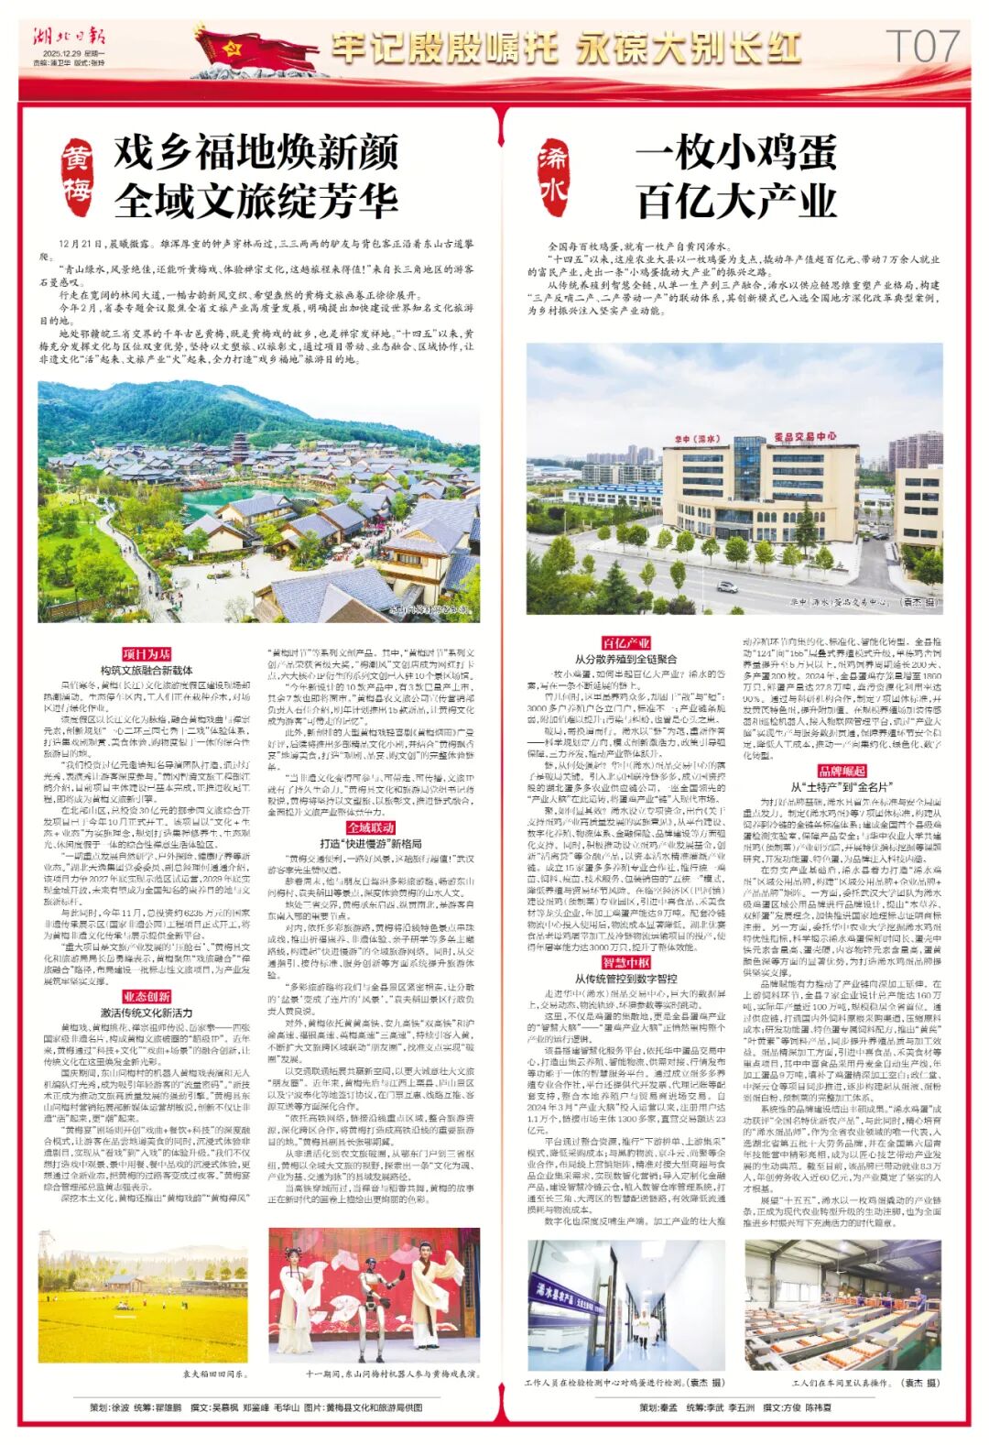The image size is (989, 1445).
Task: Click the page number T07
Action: (x=924, y=45)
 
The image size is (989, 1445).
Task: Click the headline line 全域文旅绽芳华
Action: (x=256, y=199)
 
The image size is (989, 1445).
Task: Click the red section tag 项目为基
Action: (x=147, y=654)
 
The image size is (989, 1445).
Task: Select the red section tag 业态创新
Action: (x=147, y=997)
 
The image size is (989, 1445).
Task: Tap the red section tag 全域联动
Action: (x=371, y=828)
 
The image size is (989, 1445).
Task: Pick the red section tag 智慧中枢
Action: (x=625, y=963)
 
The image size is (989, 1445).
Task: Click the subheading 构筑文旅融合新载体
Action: (x=147, y=670)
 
